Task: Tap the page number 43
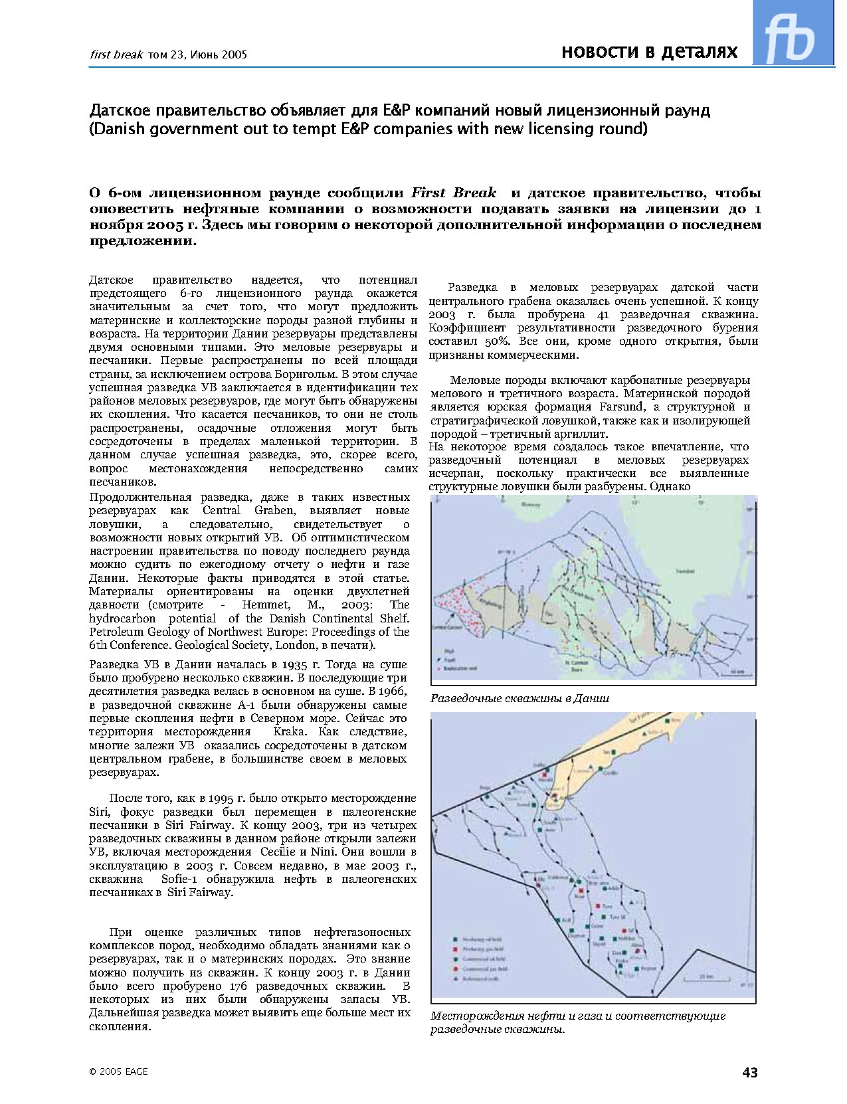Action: (x=750, y=1072)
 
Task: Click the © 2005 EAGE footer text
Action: (x=119, y=1071)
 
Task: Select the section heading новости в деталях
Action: (x=649, y=52)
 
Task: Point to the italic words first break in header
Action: (x=116, y=54)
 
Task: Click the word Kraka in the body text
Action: (x=290, y=731)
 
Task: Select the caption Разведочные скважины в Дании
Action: (x=519, y=698)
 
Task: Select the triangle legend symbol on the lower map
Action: (x=454, y=979)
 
